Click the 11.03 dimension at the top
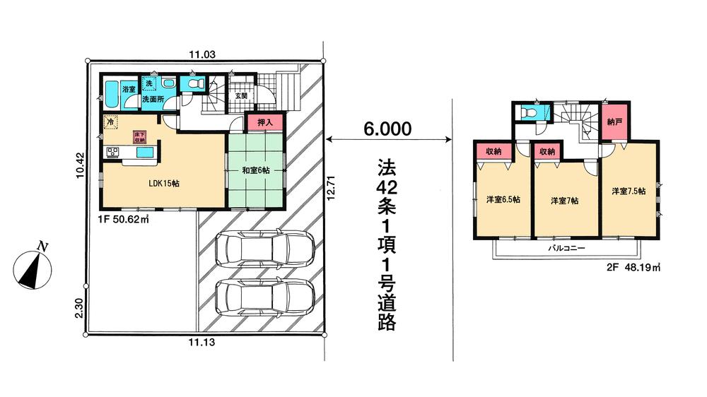coord(199,54)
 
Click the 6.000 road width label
coord(387,129)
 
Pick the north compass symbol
coord(32,268)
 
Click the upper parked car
coord(264,249)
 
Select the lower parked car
coord(264,297)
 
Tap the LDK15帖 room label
coord(163,184)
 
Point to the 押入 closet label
coord(264,123)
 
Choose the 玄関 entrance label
coord(241,95)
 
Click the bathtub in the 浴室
coord(111,92)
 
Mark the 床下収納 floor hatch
coord(140,136)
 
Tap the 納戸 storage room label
coord(614,122)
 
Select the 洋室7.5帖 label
coord(628,191)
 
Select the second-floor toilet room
coord(528,112)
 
